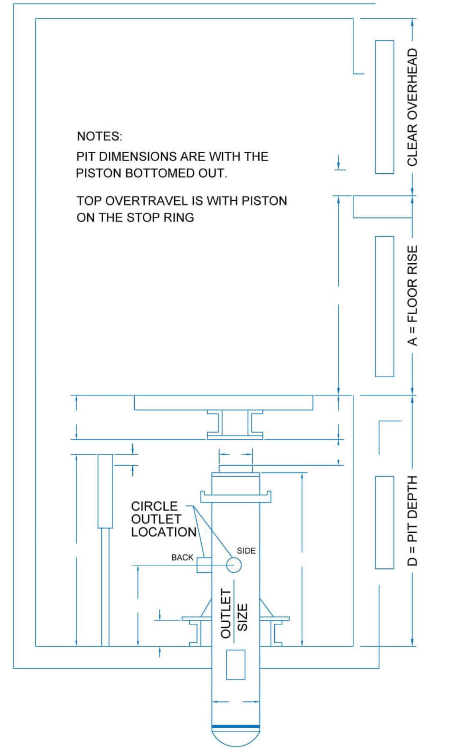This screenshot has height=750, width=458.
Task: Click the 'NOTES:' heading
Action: pyautogui.click(x=99, y=136)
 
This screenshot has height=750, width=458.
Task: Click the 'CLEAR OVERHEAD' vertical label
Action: pyautogui.click(x=412, y=107)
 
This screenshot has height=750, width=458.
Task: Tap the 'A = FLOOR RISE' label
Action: pyautogui.click(x=412, y=295)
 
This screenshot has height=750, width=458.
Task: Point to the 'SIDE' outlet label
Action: pyautogui.click(x=246, y=550)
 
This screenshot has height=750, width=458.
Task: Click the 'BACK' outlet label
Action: pyautogui.click(x=182, y=557)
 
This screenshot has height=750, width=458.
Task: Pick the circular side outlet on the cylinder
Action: pyautogui.click(x=234, y=564)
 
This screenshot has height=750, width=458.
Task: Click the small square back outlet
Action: pyautogui.click(x=204, y=565)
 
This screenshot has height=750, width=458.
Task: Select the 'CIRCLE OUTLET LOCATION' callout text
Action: pyautogui.click(x=163, y=519)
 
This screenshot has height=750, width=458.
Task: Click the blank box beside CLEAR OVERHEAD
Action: pyautogui.click(x=384, y=107)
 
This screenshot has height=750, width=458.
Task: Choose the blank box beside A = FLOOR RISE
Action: pyautogui.click(x=384, y=306)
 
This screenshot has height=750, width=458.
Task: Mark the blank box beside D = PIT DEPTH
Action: pyautogui.click(x=384, y=522)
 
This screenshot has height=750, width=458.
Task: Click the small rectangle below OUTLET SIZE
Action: pyautogui.click(x=236, y=665)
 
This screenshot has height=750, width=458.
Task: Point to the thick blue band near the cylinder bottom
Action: pyautogui.click(x=236, y=726)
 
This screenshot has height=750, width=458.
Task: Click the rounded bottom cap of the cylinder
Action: pyautogui.click(x=236, y=737)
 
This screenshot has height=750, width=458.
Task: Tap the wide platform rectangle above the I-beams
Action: pyautogui.click(x=223, y=402)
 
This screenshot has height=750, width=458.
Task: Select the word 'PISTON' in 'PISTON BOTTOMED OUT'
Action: pyautogui.click(x=95, y=173)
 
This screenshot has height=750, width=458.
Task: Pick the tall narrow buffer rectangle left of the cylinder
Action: pyautogui.click(x=105, y=491)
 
